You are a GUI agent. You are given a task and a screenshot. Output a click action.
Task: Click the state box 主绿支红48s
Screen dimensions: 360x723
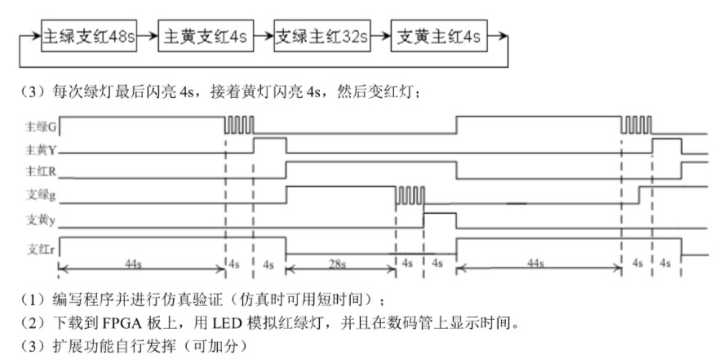click(89, 36)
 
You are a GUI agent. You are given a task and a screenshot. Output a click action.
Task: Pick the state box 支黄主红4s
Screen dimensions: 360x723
click(438, 36)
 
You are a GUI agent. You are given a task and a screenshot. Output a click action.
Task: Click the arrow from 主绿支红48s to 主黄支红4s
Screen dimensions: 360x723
click(147, 36)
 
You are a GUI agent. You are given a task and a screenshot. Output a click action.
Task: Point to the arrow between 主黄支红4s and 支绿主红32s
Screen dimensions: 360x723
click(264, 36)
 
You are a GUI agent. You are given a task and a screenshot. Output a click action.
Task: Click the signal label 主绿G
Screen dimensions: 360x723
click(41, 127)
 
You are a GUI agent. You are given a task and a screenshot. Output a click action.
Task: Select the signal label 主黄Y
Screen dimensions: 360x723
click(41, 149)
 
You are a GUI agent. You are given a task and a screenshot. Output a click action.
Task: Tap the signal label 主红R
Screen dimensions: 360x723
click(41, 171)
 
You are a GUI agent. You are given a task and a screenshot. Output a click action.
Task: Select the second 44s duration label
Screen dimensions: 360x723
click(535, 264)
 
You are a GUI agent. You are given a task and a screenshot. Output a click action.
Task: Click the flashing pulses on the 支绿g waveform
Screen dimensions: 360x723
click(409, 195)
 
